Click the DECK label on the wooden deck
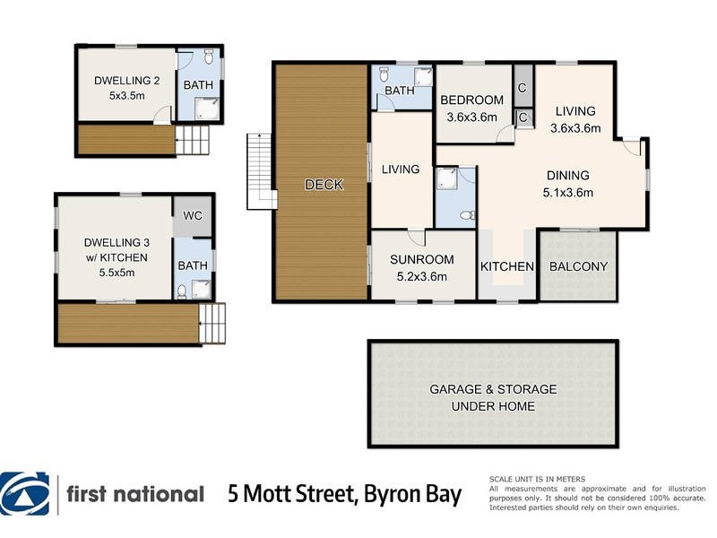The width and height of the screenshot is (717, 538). [x=324, y=185]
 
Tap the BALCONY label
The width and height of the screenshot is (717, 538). [x=578, y=266]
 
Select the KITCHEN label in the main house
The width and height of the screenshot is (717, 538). [x=507, y=266]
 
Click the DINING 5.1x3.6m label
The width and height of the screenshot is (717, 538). [x=568, y=184]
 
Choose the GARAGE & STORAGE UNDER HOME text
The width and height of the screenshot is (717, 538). [x=492, y=397]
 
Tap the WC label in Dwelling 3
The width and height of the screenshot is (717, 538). [x=193, y=216]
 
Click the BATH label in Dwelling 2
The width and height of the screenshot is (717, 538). [x=198, y=85]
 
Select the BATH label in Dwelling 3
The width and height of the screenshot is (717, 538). [x=192, y=265]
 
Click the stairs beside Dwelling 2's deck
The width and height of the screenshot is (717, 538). [x=193, y=141]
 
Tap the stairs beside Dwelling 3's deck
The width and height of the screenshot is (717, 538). [x=212, y=324]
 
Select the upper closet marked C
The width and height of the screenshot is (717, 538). [x=522, y=87]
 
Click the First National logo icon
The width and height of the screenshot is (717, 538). [x=26, y=494]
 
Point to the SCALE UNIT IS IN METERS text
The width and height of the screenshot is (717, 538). [x=536, y=480]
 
